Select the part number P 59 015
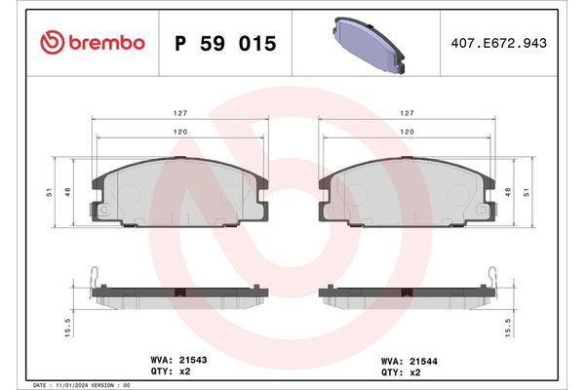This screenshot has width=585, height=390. pyautogui.click(x=225, y=44)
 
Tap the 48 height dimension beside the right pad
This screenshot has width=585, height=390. pyautogui.click(x=509, y=193)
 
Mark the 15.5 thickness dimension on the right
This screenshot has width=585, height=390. pyautogui.click(x=509, y=325)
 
